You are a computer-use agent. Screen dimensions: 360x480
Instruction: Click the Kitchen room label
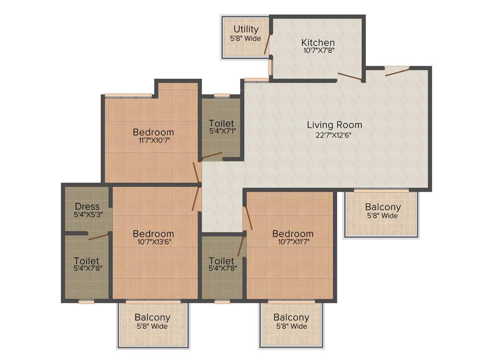(x=318, y=43)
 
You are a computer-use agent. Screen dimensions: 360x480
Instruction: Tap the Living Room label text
(x=334, y=125)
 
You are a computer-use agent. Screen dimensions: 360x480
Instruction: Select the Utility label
(x=246, y=30)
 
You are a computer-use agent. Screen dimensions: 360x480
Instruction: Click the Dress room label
(x=87, y=206)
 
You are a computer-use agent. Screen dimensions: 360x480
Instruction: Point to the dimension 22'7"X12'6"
(x=334, y=135)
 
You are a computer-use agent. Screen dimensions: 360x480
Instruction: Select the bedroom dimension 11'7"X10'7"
(x=153, y=140)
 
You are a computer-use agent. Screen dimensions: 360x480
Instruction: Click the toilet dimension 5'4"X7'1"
(x=222, y=132)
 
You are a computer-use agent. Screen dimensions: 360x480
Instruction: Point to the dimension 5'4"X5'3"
(x=87, y=215)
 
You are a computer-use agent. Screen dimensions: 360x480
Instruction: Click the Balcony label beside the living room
(x=383, y=207)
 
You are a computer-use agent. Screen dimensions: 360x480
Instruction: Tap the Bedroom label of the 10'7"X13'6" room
(x=153, y=233)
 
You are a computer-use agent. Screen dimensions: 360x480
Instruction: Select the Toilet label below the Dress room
(x=87, y=261)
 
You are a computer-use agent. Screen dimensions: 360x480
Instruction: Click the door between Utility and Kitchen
(x=267, y=45)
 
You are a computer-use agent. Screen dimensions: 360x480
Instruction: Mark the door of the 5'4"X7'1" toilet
(x=212, y=156)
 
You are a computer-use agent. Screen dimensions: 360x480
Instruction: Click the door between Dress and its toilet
(x=98, y=236)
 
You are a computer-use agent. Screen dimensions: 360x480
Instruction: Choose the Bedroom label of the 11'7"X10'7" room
(x=153, y=132)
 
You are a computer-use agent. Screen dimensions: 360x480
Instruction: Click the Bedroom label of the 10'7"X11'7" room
(x=293, y=233)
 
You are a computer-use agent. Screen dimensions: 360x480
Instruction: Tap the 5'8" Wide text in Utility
(x=246, y=38)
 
